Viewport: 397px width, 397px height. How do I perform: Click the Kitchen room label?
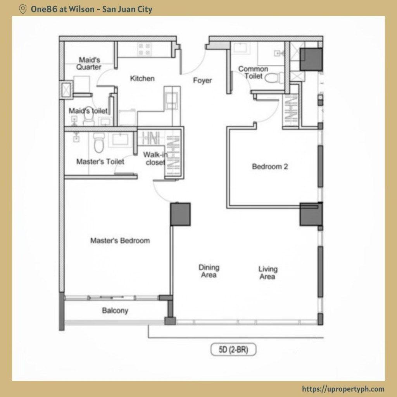coord(142,78)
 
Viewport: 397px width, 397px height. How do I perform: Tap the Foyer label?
coord(202,81)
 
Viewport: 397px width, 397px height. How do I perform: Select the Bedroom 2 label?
coord(270,167)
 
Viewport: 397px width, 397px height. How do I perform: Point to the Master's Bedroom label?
coord(120,240)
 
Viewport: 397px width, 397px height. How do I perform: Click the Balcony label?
coord(115,311)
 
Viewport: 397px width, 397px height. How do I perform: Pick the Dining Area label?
coord(209,271)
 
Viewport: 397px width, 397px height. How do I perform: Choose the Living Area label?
coord(268,273)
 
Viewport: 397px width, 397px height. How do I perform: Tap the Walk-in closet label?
coord(155,158)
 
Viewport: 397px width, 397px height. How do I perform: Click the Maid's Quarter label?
coord(89,64)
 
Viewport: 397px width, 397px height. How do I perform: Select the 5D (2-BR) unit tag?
coord(233,350)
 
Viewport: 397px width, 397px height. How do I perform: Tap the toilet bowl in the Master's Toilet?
coord(99,143)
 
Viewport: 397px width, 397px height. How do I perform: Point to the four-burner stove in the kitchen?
coord(145,49)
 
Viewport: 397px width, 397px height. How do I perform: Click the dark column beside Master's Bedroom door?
coord(180,214)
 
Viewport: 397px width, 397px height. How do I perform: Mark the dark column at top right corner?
coord(311,59)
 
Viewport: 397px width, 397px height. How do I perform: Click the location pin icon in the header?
coord(23,9)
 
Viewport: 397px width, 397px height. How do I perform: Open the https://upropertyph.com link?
coord(343,389)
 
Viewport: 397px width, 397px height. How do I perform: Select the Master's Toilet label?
coord(100,162)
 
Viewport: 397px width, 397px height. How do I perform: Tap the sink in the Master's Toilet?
coord(120,139)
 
